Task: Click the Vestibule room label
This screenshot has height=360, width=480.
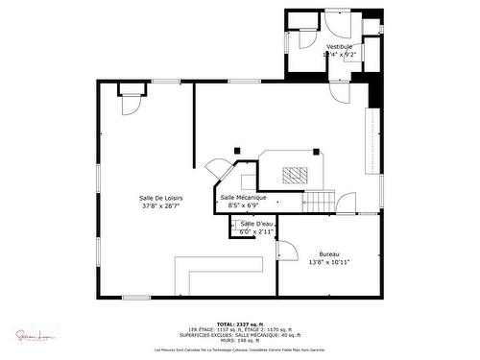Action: coord(340,46)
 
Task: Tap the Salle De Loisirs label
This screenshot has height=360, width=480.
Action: coord(161,198)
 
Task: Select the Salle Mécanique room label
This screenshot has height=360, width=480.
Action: coord(243,198)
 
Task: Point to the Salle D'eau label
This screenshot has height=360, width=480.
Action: coord(257,224)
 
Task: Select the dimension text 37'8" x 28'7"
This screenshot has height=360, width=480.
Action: coord(161,205)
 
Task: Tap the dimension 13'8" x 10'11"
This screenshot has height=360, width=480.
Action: coord(328,262)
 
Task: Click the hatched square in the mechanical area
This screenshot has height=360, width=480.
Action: coord(295,174)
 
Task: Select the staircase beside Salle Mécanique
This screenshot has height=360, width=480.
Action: coord(320,201)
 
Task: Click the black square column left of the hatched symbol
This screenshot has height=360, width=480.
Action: coord(237,150)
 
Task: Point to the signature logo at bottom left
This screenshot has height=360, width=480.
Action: coord(31,335)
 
